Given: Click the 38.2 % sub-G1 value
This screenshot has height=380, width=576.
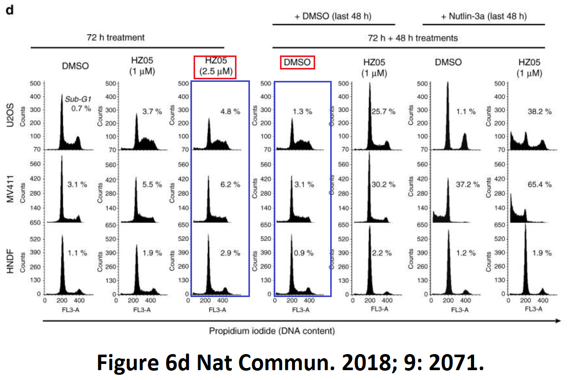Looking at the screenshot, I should tap(538, 111).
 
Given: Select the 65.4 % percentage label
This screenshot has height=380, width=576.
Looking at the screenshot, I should tap(538, 185).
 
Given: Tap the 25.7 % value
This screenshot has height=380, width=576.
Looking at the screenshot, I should tap(383, 111).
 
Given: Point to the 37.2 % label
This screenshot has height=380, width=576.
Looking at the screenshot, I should tap(463, 185).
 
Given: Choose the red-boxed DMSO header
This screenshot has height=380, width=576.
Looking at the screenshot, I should tap(298, 63).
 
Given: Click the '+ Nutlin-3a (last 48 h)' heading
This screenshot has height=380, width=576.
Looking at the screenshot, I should tap(484, 16).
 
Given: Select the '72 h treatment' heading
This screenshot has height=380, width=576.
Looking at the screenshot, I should tap(115, 37).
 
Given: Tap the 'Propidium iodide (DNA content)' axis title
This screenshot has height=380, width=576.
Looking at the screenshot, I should tap(272, 330).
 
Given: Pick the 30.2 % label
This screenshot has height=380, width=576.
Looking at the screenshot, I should tap(383, 185).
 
